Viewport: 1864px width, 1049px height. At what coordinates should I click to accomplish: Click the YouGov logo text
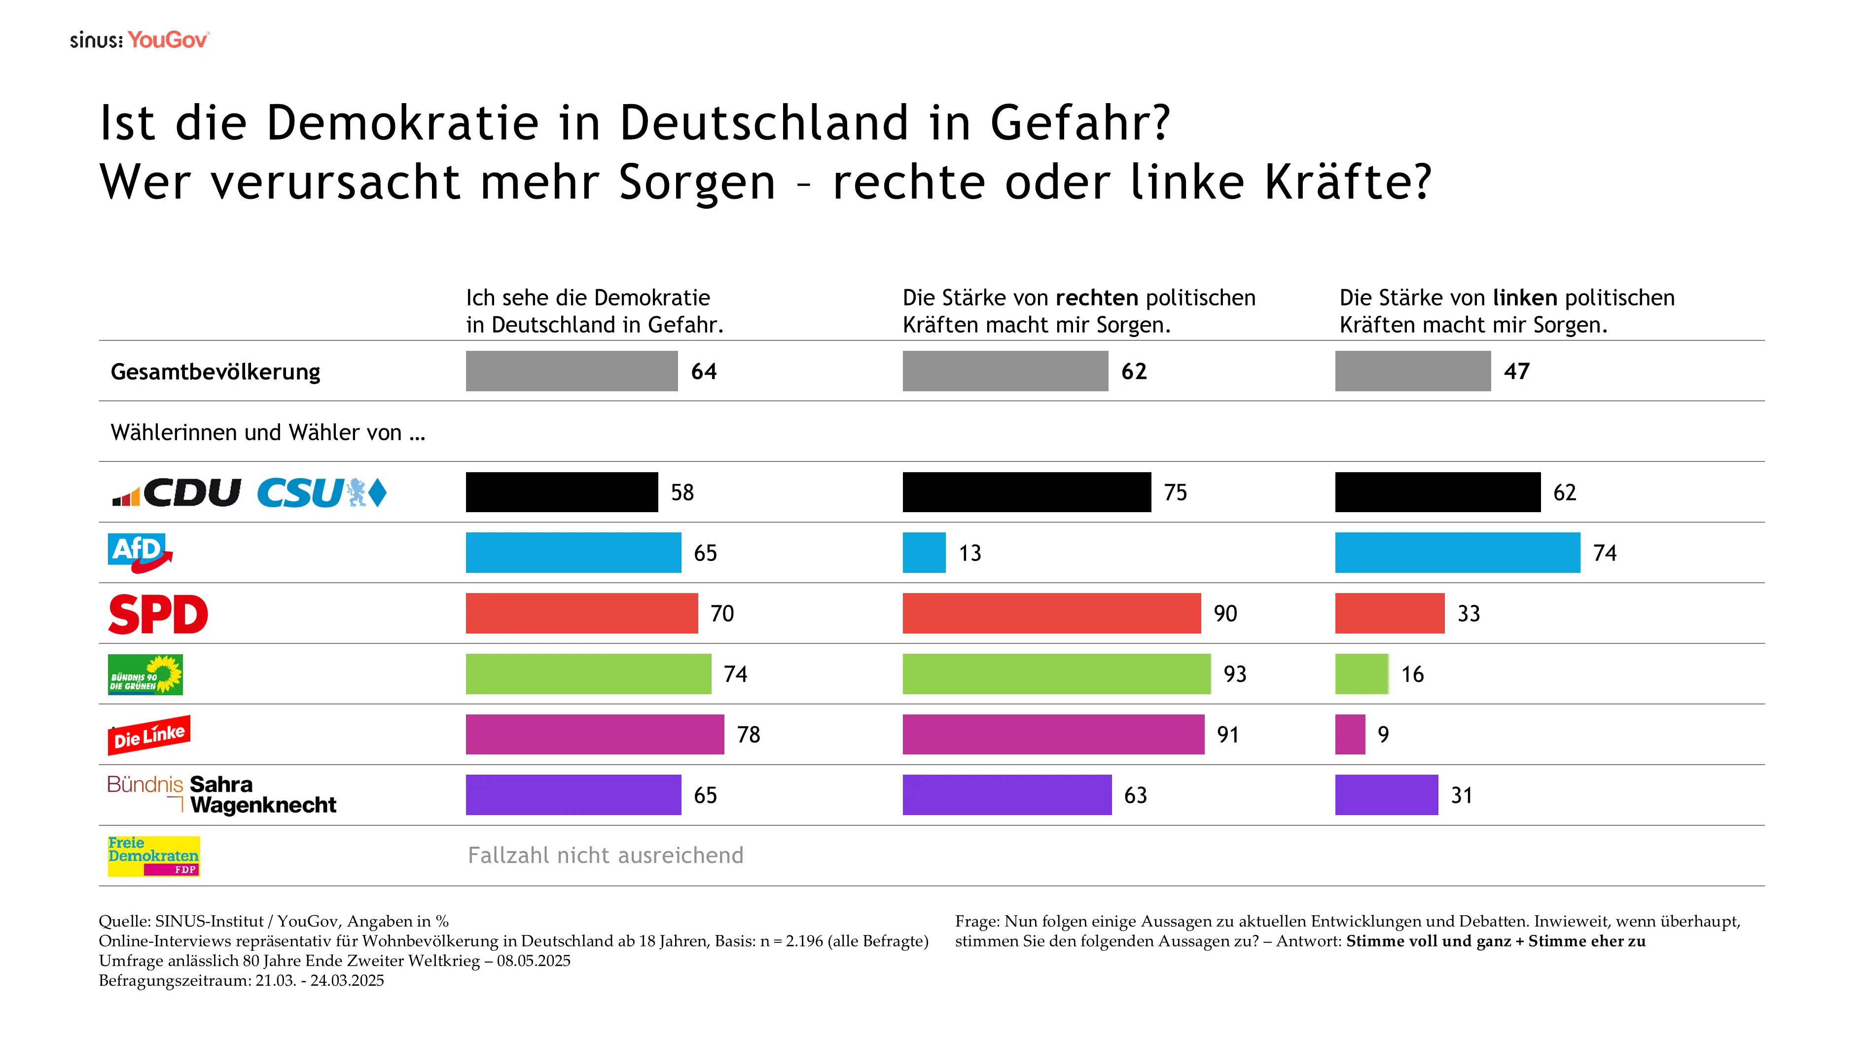tap(167, 40)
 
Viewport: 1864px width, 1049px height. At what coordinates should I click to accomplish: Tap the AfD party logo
tap(140, 552)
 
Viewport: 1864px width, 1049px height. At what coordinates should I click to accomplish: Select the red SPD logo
tap(158, 614)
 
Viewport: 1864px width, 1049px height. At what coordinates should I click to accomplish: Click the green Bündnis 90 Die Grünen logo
tap(144, 674)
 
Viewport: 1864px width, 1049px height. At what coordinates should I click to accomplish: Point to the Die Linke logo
tap(149, 735)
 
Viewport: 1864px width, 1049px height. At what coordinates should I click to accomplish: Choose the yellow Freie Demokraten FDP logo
tap(153, 856)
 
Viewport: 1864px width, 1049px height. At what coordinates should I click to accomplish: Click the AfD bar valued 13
tap(923, 552)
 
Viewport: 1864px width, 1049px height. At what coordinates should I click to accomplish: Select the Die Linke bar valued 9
tap(1350, 734)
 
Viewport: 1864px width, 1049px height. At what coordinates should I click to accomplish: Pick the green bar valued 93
tap(1056, 674)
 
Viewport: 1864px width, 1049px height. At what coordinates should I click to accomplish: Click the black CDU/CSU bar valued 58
tap(562, 492)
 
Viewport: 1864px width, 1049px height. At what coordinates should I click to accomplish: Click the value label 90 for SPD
tap(1225, 614)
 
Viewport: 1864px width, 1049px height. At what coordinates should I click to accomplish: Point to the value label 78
tap(748, 735)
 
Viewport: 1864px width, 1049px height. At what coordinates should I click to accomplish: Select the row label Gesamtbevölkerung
tap(215, 372)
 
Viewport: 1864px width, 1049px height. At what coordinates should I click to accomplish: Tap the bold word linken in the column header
tap(1525, 298)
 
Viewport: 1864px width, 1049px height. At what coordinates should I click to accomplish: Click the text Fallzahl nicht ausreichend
tap(605, 856)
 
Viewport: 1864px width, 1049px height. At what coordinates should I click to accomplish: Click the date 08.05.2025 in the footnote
tap(533, 961)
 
